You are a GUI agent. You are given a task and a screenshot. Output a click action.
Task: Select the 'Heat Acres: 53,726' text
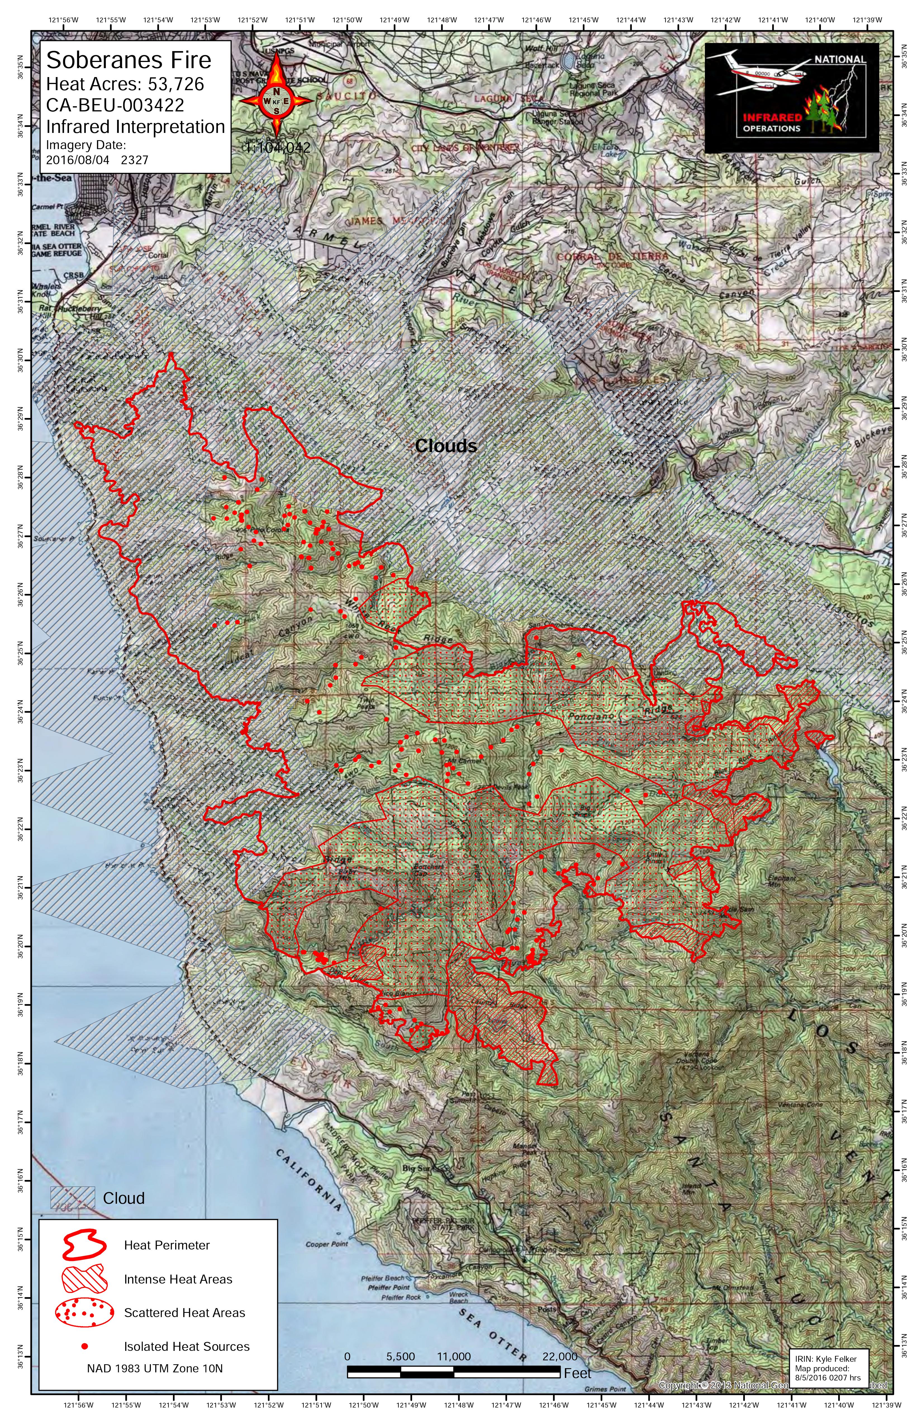tap(125, 84)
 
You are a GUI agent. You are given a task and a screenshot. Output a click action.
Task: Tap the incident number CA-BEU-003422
tap(115, 105)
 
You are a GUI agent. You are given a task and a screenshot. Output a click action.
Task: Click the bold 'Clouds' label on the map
tap(446, 446)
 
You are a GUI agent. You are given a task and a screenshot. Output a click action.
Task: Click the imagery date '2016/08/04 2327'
tap(97, 160)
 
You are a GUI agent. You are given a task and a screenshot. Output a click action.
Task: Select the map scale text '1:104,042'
tap(278, 148)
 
